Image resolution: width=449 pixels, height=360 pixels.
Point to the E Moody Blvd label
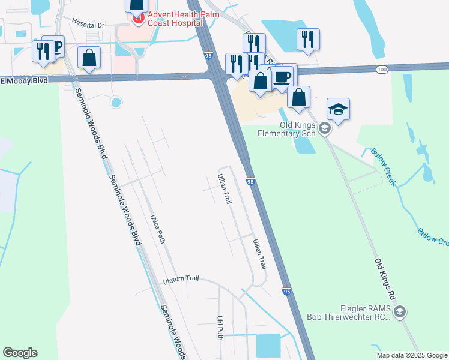pyautogui.click(x=24, y=80)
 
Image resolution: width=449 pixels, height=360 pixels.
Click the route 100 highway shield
pyautogui.click(x=382, y=70)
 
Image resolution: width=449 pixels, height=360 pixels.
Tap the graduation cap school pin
pyautogui.click(x=338, y=109)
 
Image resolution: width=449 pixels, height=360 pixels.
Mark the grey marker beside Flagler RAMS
pyautogui.click(x=400, y=311)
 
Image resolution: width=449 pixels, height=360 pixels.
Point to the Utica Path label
pyautogui.click(x=157, y=228)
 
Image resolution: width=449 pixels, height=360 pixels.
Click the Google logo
pyautogui.click(x=20, y=353)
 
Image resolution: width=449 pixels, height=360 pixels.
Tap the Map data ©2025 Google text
pyautogui.click(x=412, y=355)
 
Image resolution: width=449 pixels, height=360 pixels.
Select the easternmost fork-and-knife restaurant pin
pyautogui.click(x=308, y=39)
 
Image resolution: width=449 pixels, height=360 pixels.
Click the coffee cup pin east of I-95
pyautogui.click(x=282, y=76)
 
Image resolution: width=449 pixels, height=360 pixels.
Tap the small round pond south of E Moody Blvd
pyautogui.click(x=116, y=103)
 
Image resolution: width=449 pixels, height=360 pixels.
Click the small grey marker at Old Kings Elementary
pyautogui.click(x=324, y=128)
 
